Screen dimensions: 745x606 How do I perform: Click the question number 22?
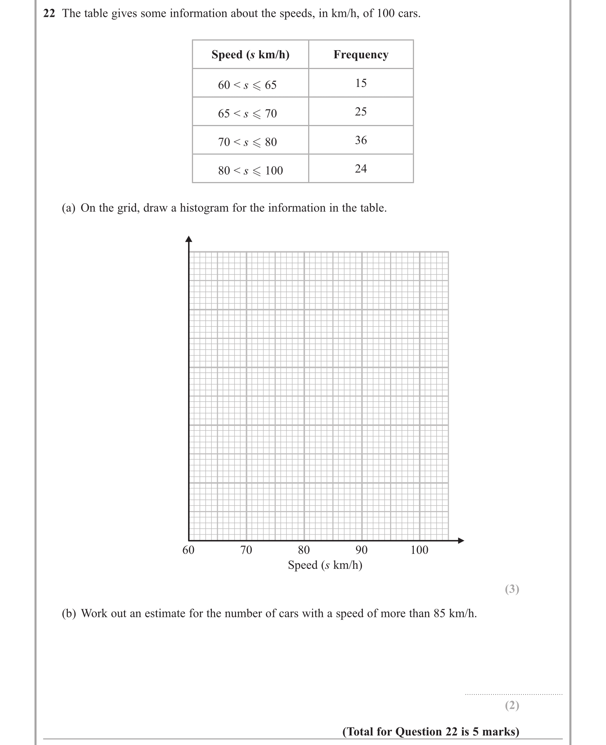tap(49, 14)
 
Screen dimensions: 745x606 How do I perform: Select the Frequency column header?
tap(361, 54)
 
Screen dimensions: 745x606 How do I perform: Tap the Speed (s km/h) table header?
tap(250, 54)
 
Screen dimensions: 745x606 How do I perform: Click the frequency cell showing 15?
tap(361, 83)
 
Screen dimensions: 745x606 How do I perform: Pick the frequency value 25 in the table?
tap(361, 112)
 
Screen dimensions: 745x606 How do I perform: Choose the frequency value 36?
tap(361, 140)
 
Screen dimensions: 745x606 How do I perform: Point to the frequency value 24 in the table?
tap(361, 169)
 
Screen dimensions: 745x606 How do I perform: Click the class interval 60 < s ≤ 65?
tap(247, 85)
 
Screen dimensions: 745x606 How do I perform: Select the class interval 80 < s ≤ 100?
tap(250, 171)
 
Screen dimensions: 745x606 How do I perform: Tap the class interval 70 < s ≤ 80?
tap(247, 142)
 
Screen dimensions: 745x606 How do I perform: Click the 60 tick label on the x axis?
tap(188, 550)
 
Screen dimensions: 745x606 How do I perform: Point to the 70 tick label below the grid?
tap(246, 550)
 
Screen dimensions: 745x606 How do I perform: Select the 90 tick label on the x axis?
tap(361, 550)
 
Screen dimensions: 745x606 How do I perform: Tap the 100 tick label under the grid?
tap(419, 550)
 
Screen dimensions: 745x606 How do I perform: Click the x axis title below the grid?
tap(325, 565)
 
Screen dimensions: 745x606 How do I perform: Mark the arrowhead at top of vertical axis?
tap(188, 239)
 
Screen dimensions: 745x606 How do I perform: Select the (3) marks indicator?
tap(512, 589)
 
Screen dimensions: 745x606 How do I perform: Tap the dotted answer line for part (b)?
tap(513, 694)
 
